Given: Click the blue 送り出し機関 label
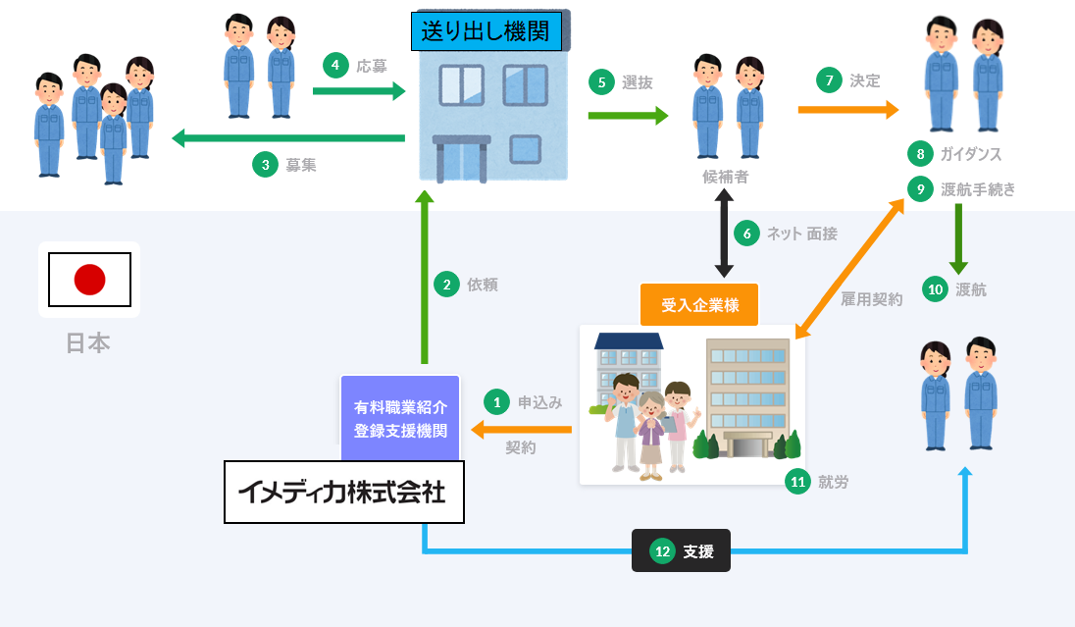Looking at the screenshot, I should click(486, 31).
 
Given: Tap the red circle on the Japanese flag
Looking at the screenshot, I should click(89, 280).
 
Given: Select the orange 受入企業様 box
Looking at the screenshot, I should click(699, 305).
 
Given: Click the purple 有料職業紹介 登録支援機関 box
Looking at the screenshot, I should click(400, 418).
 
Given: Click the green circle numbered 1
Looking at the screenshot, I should click(497, 401).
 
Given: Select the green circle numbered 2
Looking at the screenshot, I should click(446, 285).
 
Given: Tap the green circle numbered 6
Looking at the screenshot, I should click(746, 234).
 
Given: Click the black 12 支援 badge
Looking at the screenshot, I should click(681, 551).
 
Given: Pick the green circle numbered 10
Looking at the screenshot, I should click(936, 288).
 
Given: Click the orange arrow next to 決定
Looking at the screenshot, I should click(848, 109).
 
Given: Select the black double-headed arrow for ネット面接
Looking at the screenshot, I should click(724, 234).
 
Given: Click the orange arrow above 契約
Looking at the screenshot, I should click(521, 430).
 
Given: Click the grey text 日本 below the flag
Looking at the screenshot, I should click(88, 342).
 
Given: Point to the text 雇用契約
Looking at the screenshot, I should click(871, 299).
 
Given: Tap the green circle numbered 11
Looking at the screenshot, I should click(798, 481).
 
